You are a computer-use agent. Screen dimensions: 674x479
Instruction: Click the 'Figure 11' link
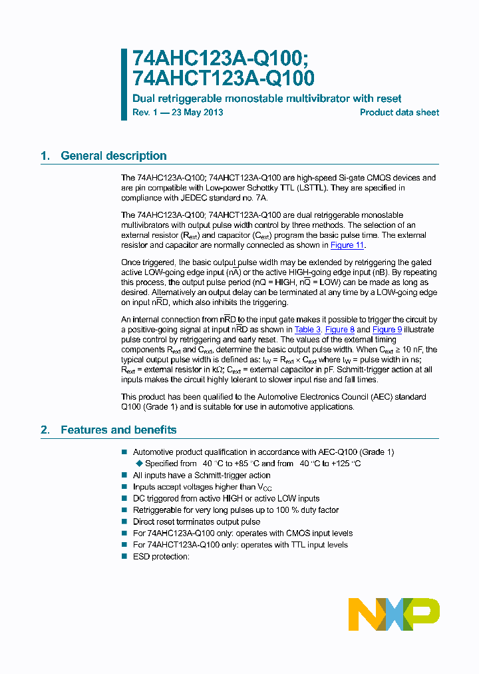[347, 245]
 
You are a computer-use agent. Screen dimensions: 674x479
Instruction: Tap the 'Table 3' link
[307, 329]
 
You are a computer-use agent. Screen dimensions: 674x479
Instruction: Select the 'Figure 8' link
[339, 329]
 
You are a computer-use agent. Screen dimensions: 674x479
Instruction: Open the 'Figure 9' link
[387, 329]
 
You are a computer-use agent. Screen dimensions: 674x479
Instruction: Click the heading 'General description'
[113, 156]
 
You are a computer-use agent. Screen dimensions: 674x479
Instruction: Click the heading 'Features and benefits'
[118, 430]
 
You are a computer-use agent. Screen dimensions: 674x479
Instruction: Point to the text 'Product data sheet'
[399, 113]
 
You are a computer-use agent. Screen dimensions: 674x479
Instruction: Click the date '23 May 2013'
[198, 113]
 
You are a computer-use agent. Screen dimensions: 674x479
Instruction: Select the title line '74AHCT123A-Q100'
[224, 79]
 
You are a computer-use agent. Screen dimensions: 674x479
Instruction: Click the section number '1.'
[45, 156]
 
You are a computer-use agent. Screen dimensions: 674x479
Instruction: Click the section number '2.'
[45, 430]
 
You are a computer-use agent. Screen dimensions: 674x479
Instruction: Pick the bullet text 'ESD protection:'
[161, 556]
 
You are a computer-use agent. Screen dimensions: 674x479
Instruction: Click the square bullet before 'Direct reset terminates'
[124, 522]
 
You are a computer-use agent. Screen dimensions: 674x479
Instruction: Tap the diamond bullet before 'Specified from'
[139, 464]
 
